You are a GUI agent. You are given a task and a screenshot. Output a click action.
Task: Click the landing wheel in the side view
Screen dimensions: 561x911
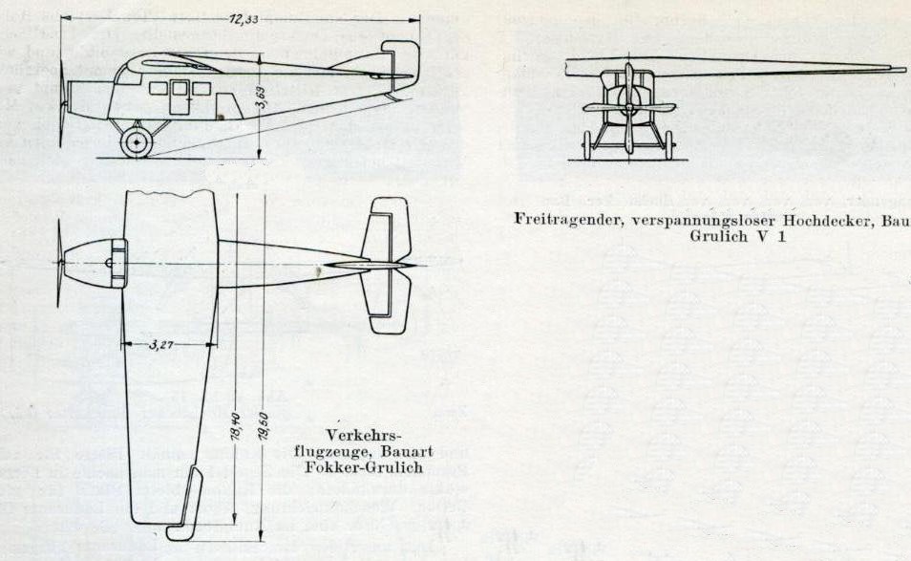[137, 143]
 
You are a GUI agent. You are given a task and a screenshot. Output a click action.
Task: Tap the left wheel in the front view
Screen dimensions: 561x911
[586, 145]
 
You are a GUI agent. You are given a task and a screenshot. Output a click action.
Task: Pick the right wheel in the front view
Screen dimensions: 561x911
[669, 145]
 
